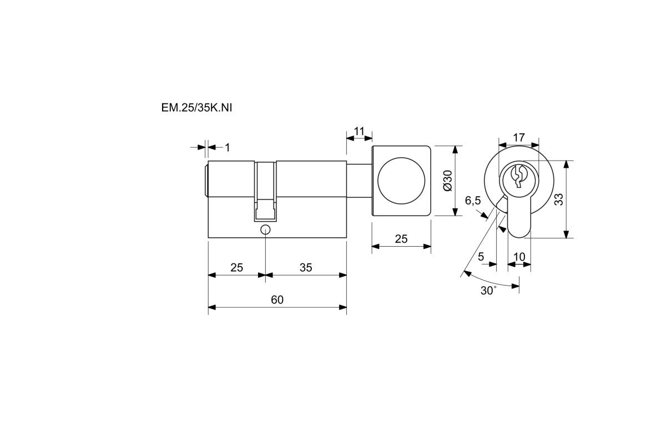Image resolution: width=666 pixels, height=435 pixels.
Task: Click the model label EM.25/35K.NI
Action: click(x=196, y=108)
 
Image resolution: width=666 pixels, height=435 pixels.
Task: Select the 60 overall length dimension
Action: click(x=277, y=299)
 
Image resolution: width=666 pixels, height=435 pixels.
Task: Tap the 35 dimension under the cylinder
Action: click(x=306, y=268)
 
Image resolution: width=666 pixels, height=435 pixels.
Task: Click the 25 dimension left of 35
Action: click(x=236, y=268)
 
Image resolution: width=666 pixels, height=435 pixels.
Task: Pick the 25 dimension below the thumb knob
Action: click(x=401, y=239)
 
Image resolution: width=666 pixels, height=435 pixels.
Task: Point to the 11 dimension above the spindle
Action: click(x=359, y=131)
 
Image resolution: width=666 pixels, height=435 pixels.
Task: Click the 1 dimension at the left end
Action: click(x=228, y=148)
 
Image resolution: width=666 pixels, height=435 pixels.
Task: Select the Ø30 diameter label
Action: click(x=447, y=181)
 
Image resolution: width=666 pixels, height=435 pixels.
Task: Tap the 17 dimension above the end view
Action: click(x=519, y=138)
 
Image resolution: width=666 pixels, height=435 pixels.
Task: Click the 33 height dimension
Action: click(x=559, y=199)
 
